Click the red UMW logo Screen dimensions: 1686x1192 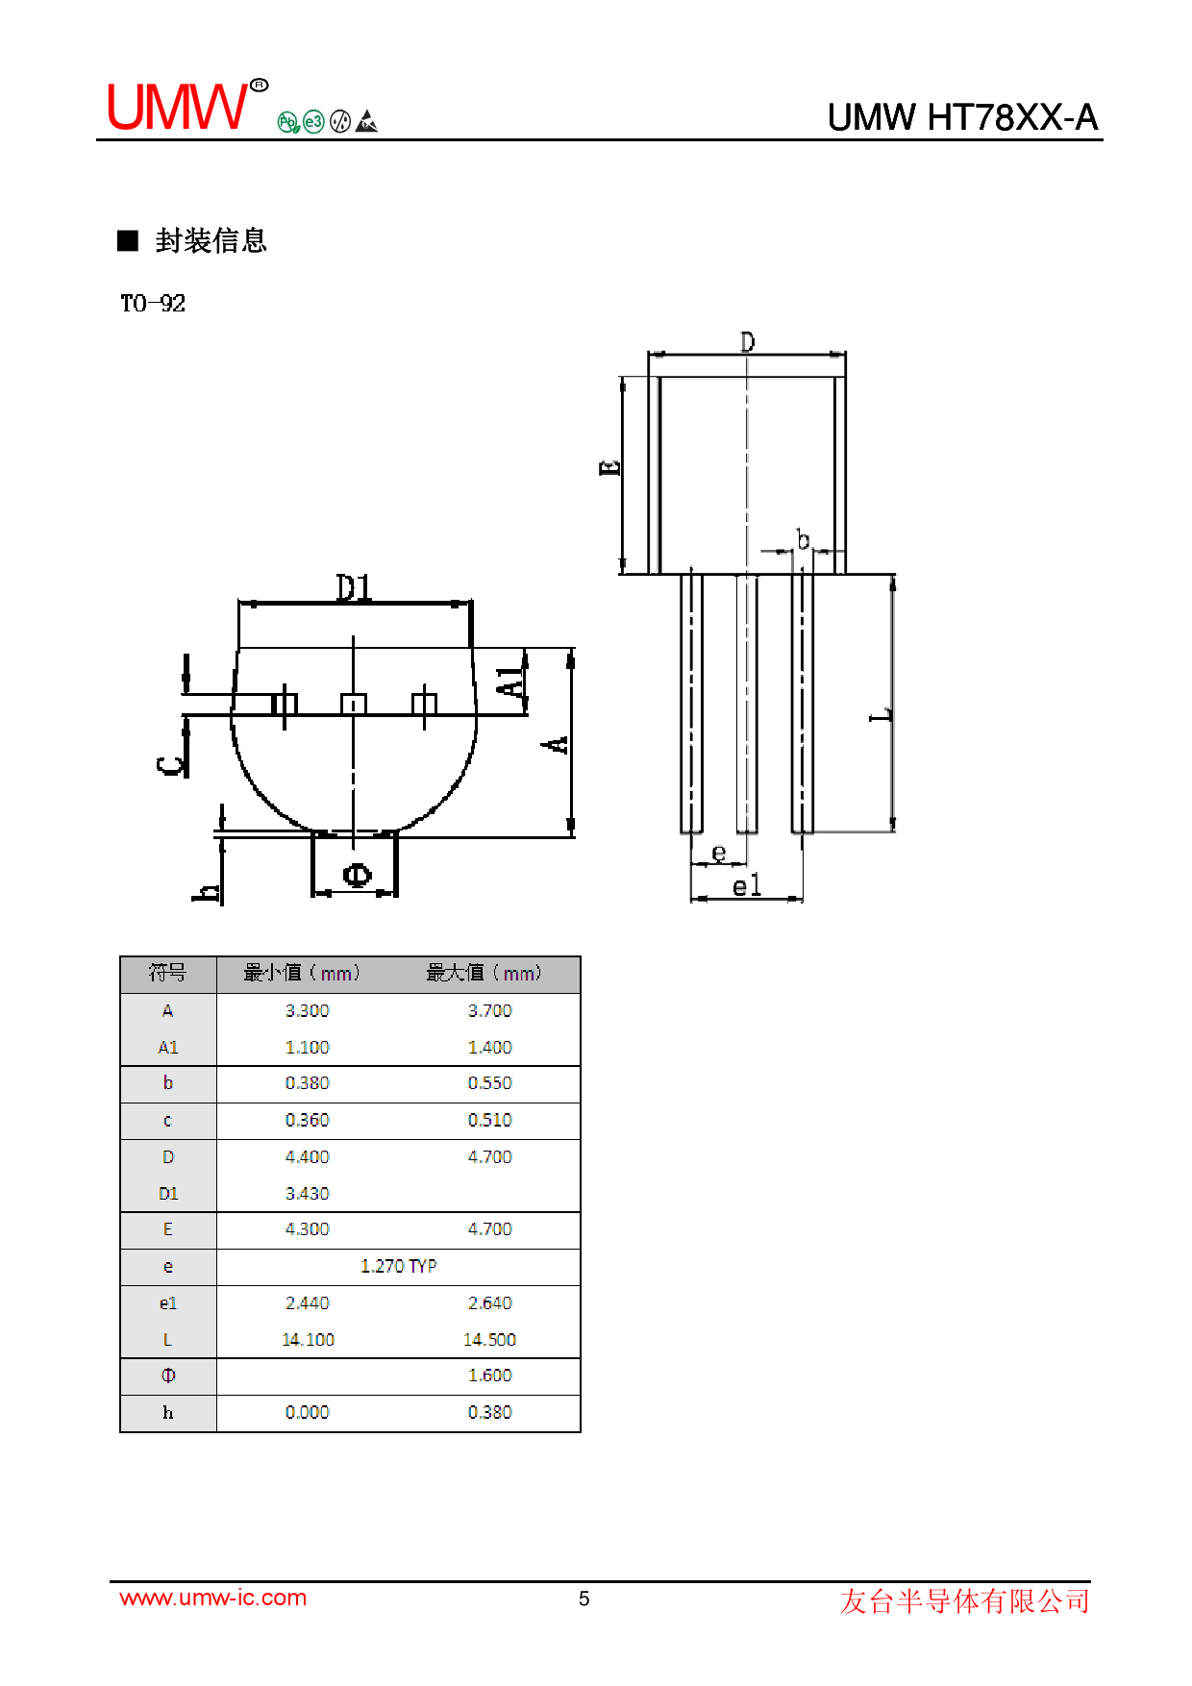point(178,107)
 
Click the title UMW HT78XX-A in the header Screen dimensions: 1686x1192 point(961,117)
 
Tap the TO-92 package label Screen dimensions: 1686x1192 point(153,304)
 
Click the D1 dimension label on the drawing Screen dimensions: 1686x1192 point(354,587)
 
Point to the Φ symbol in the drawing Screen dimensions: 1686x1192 point(357,875)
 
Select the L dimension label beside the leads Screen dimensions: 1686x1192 point(881,714)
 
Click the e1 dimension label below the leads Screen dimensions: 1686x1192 point(746,885)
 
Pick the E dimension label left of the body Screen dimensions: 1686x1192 point(610,468)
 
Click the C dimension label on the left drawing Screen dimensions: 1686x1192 point(170,765)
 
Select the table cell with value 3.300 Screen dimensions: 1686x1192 point(307,1010)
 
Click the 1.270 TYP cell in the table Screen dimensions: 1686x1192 point(398,1266)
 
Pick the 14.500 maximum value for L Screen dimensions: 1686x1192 point(489,1339)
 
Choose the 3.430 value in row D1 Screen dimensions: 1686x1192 point(307,1193)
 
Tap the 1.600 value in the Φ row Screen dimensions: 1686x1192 point(489,1376)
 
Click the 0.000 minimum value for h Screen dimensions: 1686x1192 point(307,1412)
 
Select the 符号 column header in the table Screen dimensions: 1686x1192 point(167,973)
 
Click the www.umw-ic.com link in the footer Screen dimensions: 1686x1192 point(212,1598)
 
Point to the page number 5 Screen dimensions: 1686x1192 point(584,1599)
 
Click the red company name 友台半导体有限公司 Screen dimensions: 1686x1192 point(964,1600)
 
